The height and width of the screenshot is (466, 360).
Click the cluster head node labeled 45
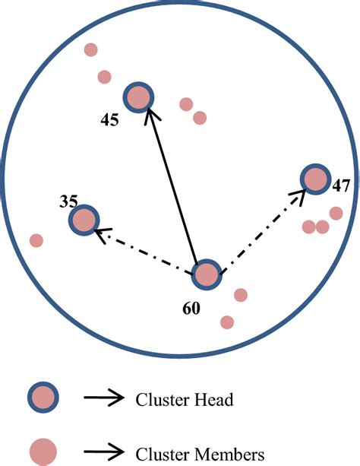[138, 97]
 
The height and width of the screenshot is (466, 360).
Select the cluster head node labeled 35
[84, 220]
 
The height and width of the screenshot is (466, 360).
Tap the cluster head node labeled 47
[314, 179]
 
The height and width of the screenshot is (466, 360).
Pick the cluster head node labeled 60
[207, 274]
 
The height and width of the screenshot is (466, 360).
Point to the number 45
[109, 120]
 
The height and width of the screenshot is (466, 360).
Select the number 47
[340, 185]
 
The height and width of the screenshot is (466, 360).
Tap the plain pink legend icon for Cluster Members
[43, 450]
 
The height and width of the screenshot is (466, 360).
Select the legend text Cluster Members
[200, 454]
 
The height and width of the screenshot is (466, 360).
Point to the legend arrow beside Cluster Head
[104, 397]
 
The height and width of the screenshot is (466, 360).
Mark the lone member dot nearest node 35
[36, 240]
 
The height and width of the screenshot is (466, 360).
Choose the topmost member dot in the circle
[90, 49]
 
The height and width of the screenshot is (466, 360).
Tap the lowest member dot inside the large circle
[226, 322]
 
